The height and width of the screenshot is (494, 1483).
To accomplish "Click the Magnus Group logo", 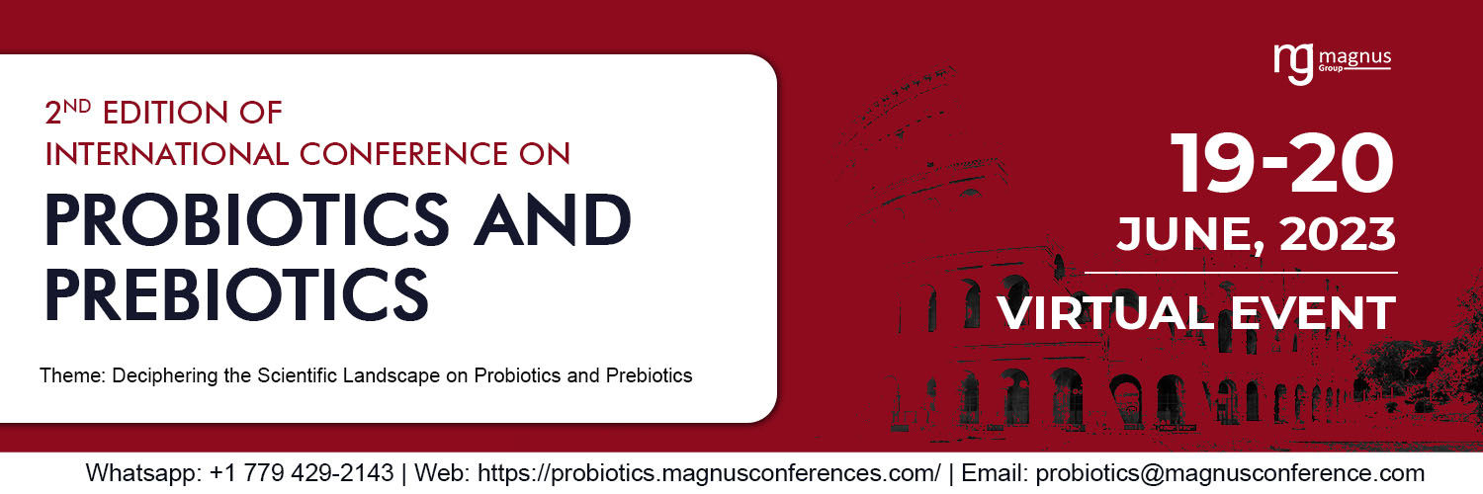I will point(1332,63).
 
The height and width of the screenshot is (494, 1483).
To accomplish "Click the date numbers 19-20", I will point(1282,165).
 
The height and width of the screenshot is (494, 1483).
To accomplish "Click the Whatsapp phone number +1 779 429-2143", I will point(302,472).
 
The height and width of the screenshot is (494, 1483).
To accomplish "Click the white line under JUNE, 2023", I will point(1241,272).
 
